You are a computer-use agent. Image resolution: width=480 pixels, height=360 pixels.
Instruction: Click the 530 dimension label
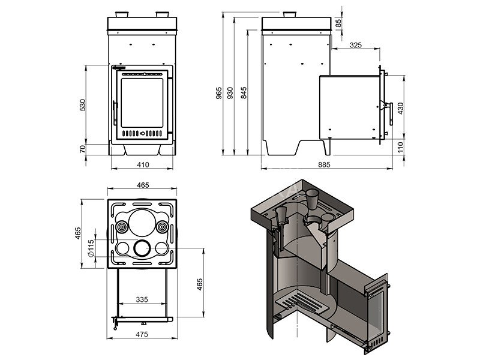click(x=83, y=104)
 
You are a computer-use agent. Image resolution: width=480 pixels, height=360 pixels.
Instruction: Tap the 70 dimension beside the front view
click(x=83, y=149)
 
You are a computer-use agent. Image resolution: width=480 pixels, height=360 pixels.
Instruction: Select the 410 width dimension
click(x=143, y=164)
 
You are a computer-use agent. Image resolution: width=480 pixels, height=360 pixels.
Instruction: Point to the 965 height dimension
click(x=218, y=93)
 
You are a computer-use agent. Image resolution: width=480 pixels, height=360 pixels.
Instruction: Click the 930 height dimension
click(x=230, y=93)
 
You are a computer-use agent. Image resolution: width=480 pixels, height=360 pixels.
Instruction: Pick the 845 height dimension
click(x=244, y=93)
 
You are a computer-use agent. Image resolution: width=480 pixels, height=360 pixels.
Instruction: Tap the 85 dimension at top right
click(x=338, y=23)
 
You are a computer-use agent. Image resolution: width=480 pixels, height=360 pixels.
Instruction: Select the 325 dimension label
click(x=355, y=45)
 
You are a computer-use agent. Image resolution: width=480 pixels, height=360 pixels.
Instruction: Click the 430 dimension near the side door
click(x=400, y=109)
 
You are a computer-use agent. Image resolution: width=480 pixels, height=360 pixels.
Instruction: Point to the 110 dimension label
click(x=400, y=148)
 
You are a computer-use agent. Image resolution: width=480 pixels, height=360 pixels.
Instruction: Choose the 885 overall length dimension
click(x=324, y=164)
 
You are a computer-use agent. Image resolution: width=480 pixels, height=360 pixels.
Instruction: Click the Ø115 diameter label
click(x=91, y=248)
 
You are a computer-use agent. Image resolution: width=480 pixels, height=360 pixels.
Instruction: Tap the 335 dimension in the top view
click(x=142, y=299)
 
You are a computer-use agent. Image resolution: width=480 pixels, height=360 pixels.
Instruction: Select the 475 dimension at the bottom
click(x=142, y=334)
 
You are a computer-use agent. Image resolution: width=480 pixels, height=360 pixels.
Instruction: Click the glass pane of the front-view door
click(x=142, y=103)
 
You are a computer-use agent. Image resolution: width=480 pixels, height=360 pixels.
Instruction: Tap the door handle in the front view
click(x=115, y=113)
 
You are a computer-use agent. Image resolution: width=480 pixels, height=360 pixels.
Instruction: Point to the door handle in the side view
click(x=391, y=113)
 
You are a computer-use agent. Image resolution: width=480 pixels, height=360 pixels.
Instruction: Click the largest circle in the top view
click(x=142, y=223)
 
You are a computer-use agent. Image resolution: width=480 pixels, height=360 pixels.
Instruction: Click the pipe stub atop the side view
click(x=289, y=14)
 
